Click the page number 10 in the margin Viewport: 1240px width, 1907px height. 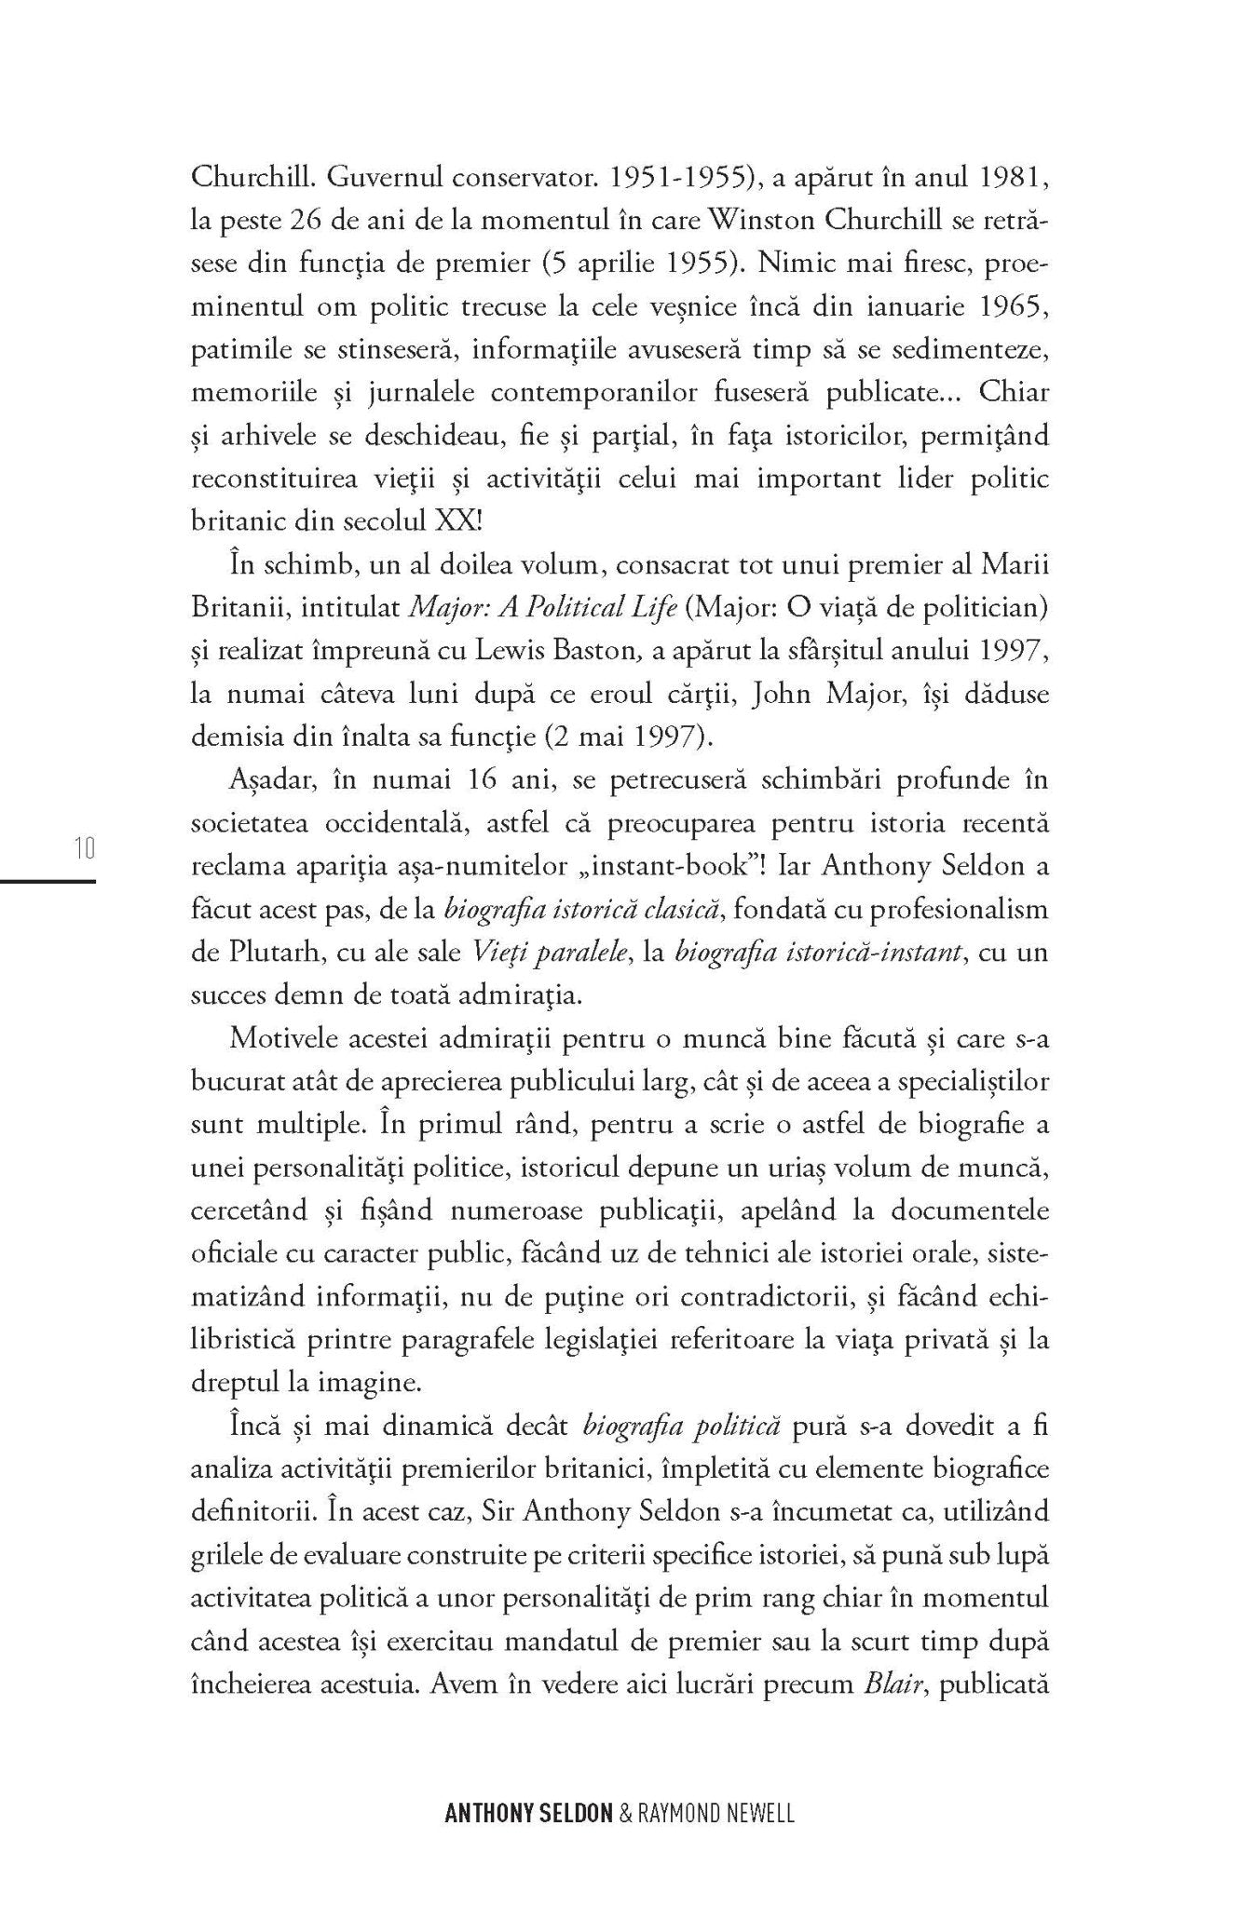(84, 849)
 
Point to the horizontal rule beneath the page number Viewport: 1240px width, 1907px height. (48, 879)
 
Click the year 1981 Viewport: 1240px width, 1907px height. (1019, 177)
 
